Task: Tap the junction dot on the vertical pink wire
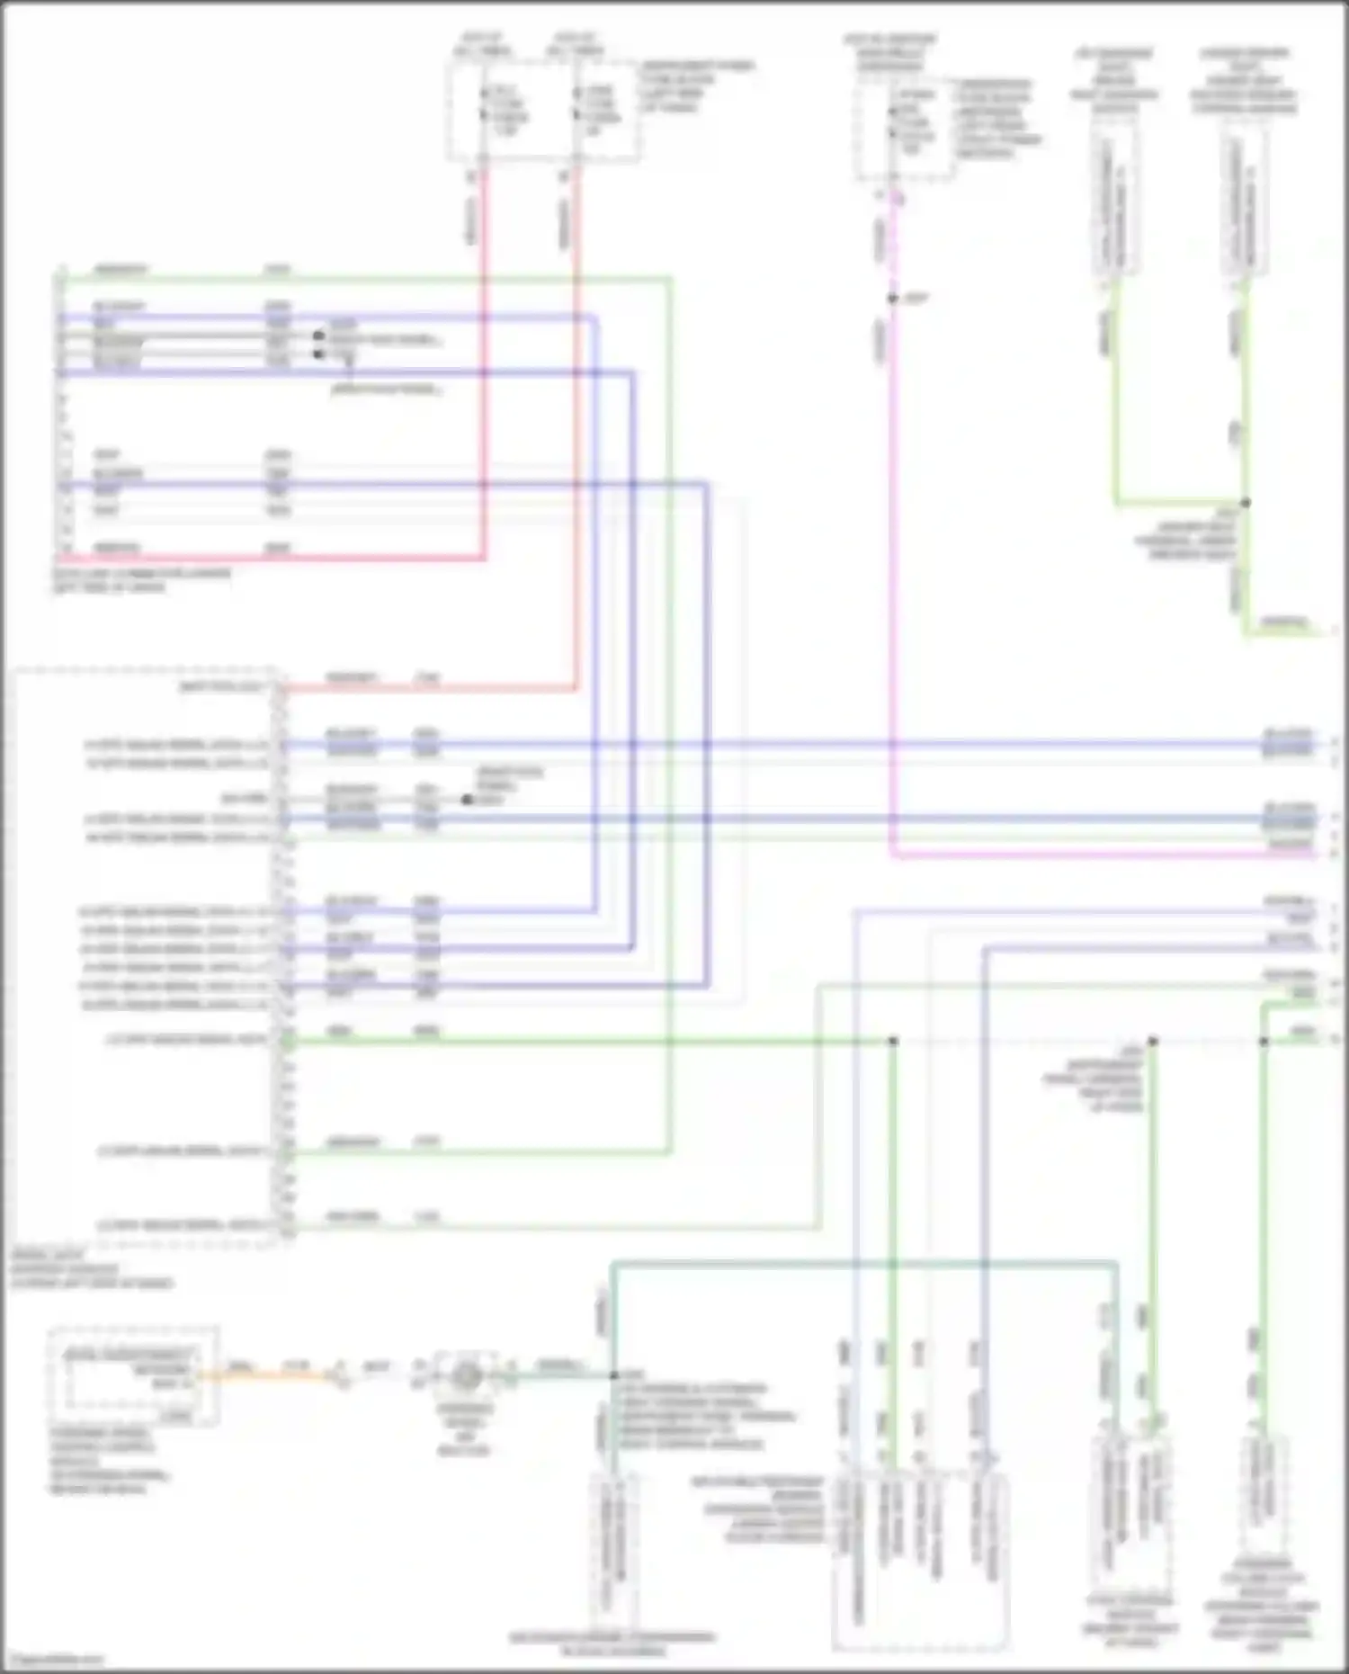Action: click(x=892, y=299)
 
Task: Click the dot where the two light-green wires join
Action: click(x=1246, y=503)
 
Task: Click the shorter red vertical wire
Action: click(x=484, y=360)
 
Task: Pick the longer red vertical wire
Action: click(x=576, y=423)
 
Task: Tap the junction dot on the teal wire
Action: click(x=613, y=1375)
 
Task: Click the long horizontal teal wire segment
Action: click(x=863, y=1264)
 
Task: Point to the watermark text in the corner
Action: click(x=54, y=1661)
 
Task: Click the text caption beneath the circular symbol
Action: click(x=464, y=1430)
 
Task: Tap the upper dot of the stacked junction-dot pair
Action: click(x=318, y=336)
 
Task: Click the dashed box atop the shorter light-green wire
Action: click(x=1115, y=207)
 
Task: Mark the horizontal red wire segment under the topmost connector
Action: click(x=270, y=558)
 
